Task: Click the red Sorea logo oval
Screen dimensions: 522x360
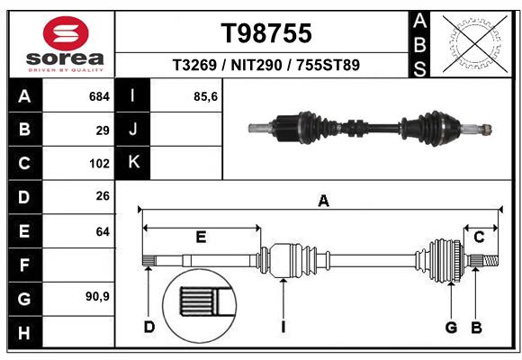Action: pos(66,33)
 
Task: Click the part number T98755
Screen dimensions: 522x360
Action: pos(266,33)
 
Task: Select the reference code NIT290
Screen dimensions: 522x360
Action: pos(256,65)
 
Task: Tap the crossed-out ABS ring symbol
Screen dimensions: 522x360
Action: pos(475,43)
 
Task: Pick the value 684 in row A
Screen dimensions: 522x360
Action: pos(99,96)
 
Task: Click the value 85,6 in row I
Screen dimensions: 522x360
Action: pos(205,97)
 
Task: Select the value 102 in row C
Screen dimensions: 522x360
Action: pos(99,164)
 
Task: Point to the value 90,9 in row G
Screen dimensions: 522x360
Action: pos(97,296)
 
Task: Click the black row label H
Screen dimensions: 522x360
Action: pos(25,332)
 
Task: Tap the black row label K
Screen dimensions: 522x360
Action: pos(133,163)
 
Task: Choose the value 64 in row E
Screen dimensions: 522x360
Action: pos(103,231)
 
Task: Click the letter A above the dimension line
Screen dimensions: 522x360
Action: pos(323,201)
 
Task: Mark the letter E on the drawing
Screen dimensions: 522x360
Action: pos(201,237)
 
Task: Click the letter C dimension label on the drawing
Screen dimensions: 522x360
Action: pos(479,237)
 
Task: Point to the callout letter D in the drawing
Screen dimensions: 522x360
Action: pos(149,327)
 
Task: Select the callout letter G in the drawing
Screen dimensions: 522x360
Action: pos(451,328)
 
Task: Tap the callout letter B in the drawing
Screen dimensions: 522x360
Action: pos(476,328)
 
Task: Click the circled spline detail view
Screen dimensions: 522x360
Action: pos(200,306)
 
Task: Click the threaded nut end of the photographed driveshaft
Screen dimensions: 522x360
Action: pos(487,130)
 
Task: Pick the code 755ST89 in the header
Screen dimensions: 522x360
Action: pos(328,65)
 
